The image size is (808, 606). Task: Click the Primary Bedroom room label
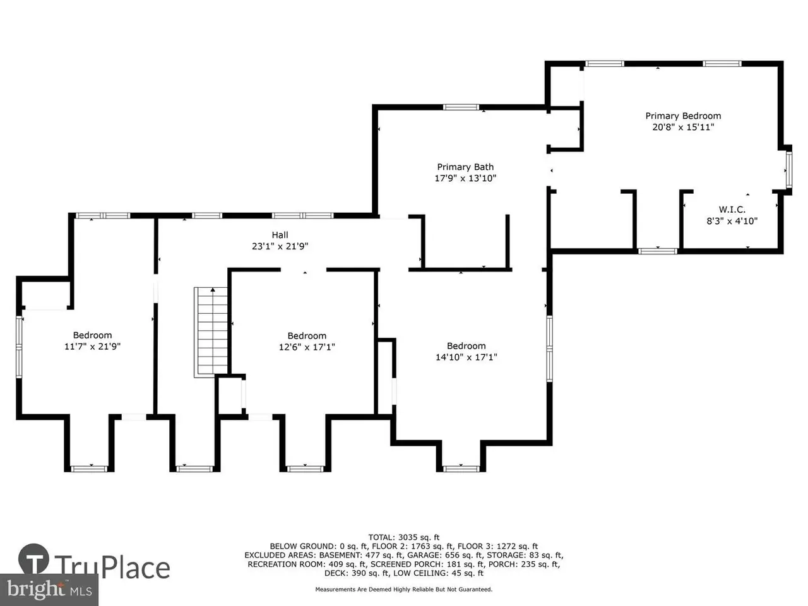tap(683, 116)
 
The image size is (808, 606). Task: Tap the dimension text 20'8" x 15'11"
tap(683, 128)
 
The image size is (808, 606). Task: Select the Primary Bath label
tap(465, 167)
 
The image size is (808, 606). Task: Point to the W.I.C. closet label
tap(732, 210)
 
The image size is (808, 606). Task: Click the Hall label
tap(280, 235)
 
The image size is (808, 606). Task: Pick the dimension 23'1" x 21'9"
tap(280, 246)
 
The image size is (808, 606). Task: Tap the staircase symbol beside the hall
tap(211, 332)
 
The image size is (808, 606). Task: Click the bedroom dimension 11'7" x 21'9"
tap(92, 347)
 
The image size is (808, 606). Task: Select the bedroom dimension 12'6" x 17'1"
tap(307, 347)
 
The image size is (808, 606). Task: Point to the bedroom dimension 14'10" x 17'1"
tap(466, 357)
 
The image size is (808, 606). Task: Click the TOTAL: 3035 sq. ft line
tap(404, 538)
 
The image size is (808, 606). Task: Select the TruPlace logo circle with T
tap(33, 559)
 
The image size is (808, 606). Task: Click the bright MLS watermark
tap(49, 589)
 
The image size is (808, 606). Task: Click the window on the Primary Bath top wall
tap(461, 107)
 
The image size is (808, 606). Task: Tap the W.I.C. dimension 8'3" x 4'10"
tap(732, 221)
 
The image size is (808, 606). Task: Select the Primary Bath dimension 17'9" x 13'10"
tap(465, 179)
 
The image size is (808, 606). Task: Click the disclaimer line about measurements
tap(404, 590)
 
